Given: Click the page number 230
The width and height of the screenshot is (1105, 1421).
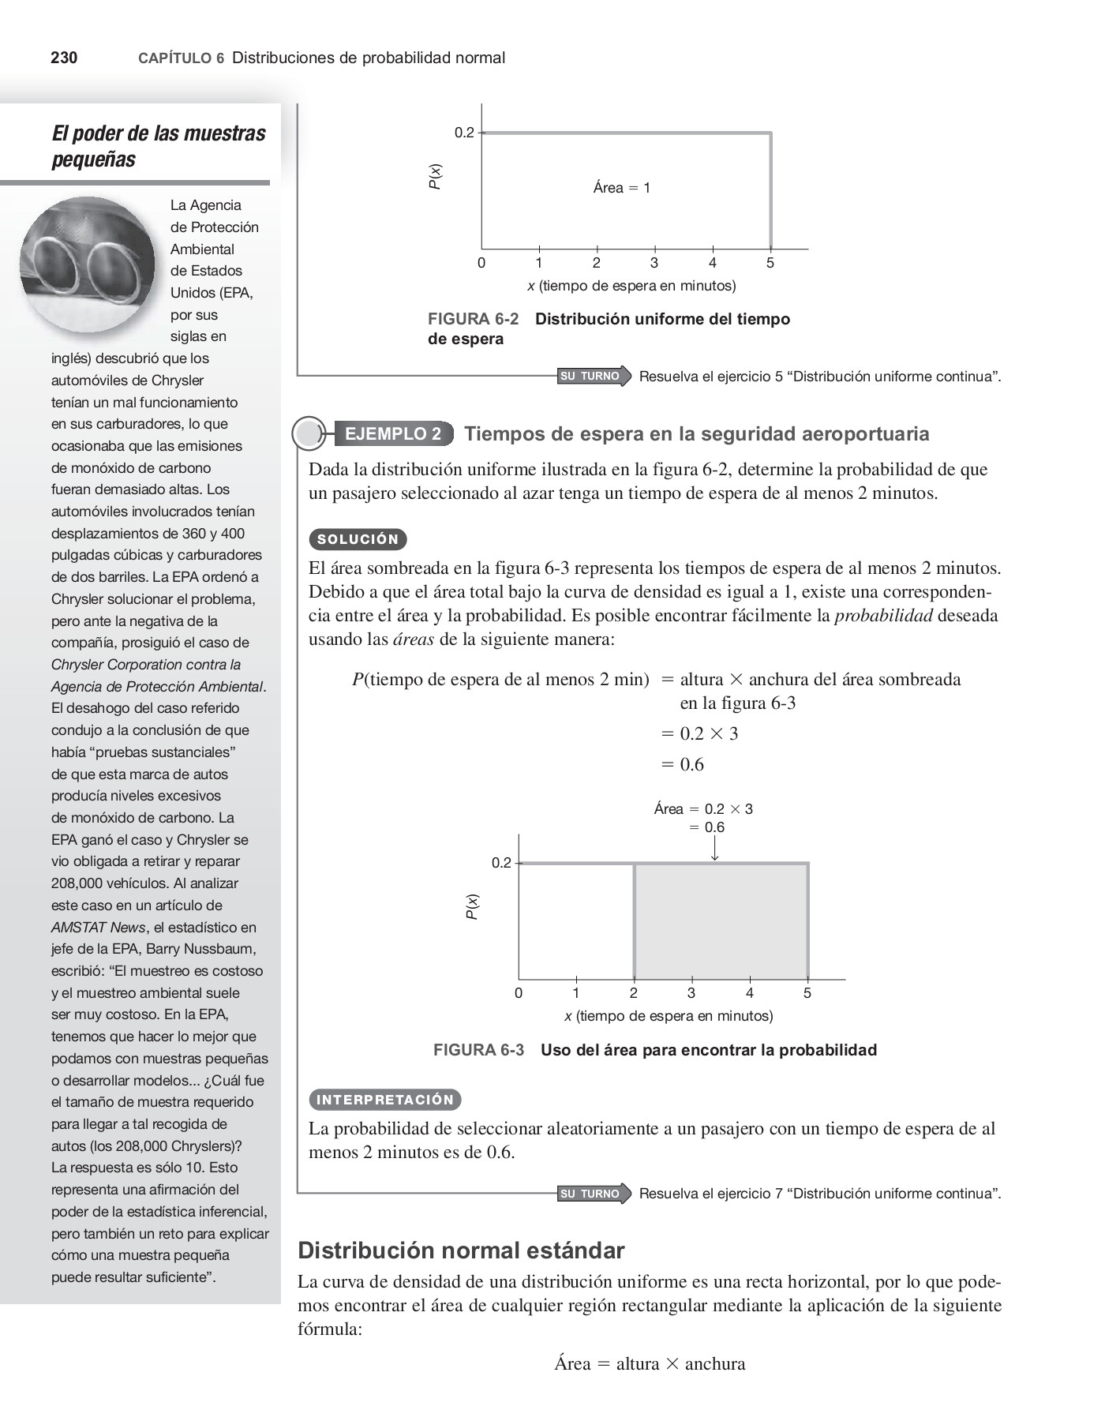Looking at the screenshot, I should coord(64,58).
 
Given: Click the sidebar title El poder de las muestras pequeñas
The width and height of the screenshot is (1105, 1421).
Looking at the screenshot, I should coord(158,146).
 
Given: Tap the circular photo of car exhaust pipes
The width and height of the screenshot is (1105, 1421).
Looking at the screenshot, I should coord(87,264).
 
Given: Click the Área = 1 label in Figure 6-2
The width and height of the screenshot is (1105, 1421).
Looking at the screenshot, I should coord(622,188).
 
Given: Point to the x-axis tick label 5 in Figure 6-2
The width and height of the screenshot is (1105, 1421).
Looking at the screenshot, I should coord(770,264).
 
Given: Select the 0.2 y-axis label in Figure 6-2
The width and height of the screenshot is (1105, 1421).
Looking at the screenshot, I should coord(464,133).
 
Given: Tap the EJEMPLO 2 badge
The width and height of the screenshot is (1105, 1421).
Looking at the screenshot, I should coord(393,433).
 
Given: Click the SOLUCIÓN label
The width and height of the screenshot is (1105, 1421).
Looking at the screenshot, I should coord(358,540).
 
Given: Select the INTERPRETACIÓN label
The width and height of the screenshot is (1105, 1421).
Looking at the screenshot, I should coord(384,1100).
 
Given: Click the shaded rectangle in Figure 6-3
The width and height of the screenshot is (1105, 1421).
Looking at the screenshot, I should coord(720,921).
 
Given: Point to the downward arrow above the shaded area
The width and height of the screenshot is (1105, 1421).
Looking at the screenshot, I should coord(715,848).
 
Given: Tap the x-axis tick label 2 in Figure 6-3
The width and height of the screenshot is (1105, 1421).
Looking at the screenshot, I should coord(633,993).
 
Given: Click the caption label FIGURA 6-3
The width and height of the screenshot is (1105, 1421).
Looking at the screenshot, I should coord(478,1050).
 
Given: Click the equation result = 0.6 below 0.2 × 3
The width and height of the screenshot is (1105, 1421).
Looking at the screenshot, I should coord(684,764).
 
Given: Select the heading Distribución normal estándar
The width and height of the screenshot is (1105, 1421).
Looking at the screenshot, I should coord(461,1250).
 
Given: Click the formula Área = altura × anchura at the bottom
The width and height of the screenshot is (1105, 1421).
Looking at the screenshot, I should coord(649,1363).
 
